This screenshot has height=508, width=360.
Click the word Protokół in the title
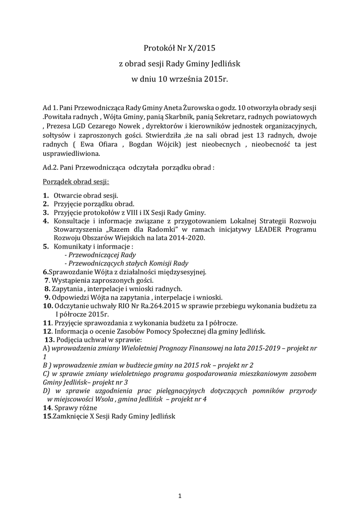click(x=157, y=49)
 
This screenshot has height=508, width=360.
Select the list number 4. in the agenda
click(x=46, y=221)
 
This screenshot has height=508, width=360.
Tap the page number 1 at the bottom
click(x=180, y=495)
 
